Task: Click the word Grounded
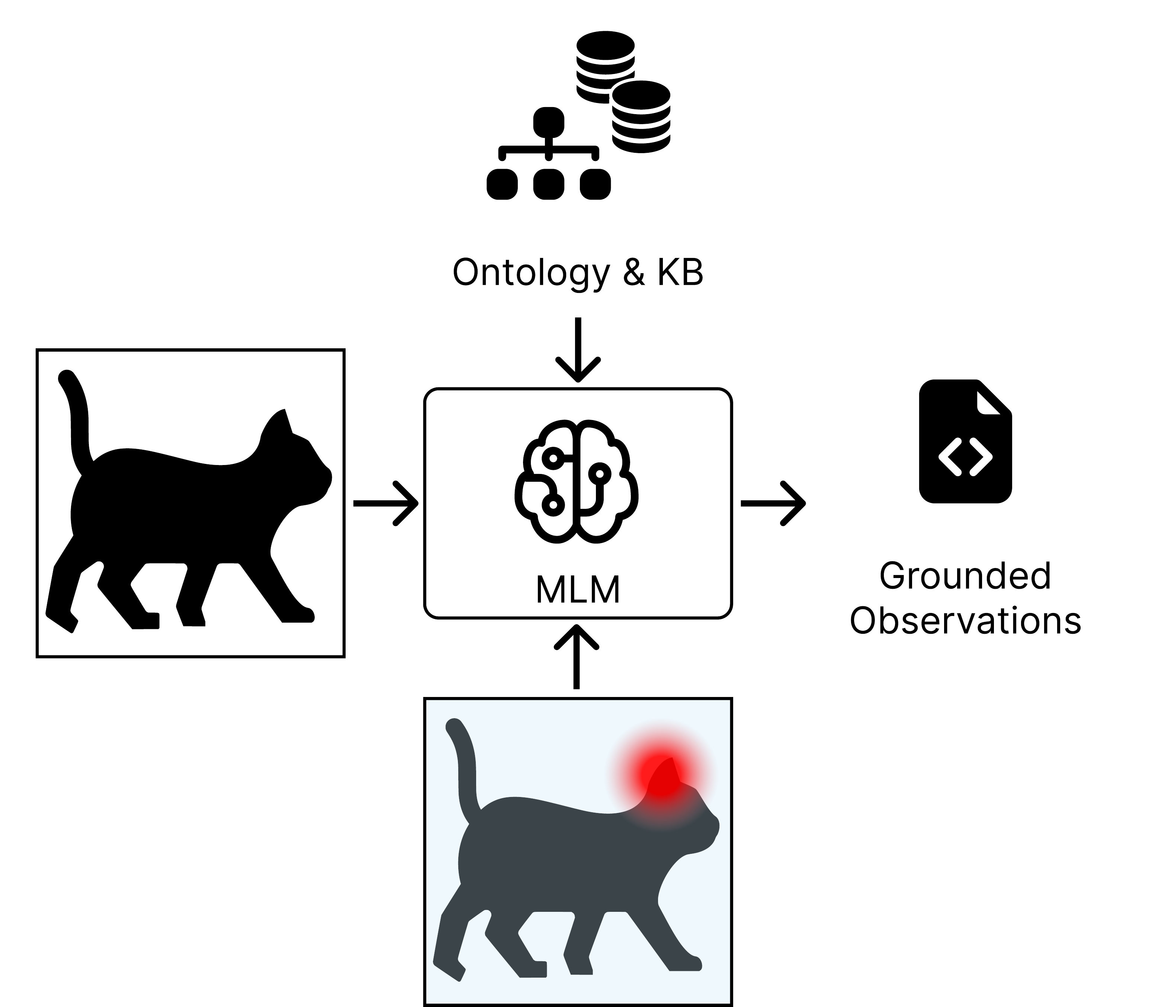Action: pos(965,577)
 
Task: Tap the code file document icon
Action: pos(965,442)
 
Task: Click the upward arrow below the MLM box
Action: pos(576,658)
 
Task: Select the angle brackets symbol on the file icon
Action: pos(965,456)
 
